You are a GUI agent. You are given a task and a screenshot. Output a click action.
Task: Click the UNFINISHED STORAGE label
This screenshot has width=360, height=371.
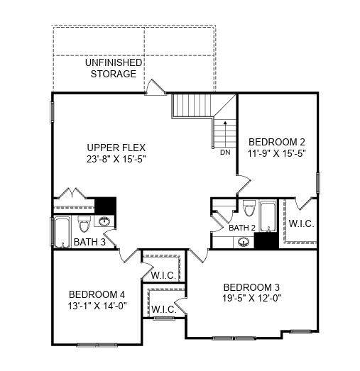[114, 68]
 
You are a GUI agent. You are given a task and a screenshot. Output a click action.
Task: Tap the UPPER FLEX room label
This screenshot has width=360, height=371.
[116, 148]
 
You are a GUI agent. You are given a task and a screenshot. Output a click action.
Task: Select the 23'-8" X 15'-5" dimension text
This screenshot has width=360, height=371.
[116, 159]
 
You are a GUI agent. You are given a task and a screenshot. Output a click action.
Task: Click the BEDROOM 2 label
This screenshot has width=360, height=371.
[277, 142]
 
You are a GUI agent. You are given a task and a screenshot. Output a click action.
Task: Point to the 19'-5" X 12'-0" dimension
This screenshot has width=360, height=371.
[251, 298]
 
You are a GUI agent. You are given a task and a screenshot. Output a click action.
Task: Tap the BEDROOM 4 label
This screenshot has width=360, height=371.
[97, 294]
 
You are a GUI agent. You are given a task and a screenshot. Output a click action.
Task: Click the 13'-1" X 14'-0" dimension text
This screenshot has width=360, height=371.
[97, 306]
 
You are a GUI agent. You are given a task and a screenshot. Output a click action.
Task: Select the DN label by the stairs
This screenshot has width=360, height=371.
[225, 153]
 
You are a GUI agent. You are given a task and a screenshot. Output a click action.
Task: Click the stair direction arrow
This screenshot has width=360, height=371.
[225, 133]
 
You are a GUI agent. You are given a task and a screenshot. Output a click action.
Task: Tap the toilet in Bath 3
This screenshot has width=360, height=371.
[84, 223]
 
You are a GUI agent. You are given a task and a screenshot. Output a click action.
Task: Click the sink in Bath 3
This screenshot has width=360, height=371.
[104, 221]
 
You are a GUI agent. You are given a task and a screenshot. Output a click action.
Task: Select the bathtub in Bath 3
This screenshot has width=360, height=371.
[62, 233]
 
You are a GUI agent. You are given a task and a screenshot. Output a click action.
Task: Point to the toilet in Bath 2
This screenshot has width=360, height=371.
[249, 209]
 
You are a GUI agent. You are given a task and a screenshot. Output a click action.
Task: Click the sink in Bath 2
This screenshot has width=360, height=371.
[244, 242]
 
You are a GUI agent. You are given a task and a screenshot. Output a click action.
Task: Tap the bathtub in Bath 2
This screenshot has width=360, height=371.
[268, 216]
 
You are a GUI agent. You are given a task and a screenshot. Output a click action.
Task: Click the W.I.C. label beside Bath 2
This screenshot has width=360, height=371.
[301, 223]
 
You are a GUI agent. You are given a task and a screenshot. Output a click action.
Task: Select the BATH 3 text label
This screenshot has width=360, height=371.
[89, 242]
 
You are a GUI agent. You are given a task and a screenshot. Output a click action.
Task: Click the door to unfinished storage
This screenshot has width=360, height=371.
[155, 87]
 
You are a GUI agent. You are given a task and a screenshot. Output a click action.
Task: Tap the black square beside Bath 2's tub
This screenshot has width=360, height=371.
[266, 240]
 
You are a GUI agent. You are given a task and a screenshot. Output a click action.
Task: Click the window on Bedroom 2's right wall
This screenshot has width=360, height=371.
[318, 182]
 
